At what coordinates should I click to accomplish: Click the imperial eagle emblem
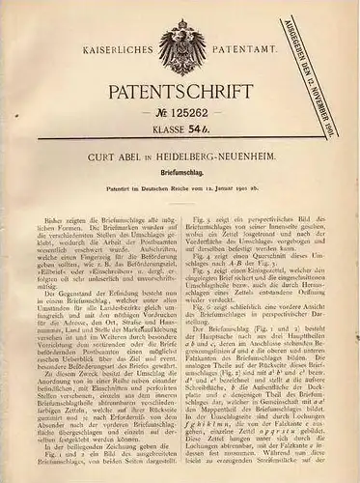tap(180, 39)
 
